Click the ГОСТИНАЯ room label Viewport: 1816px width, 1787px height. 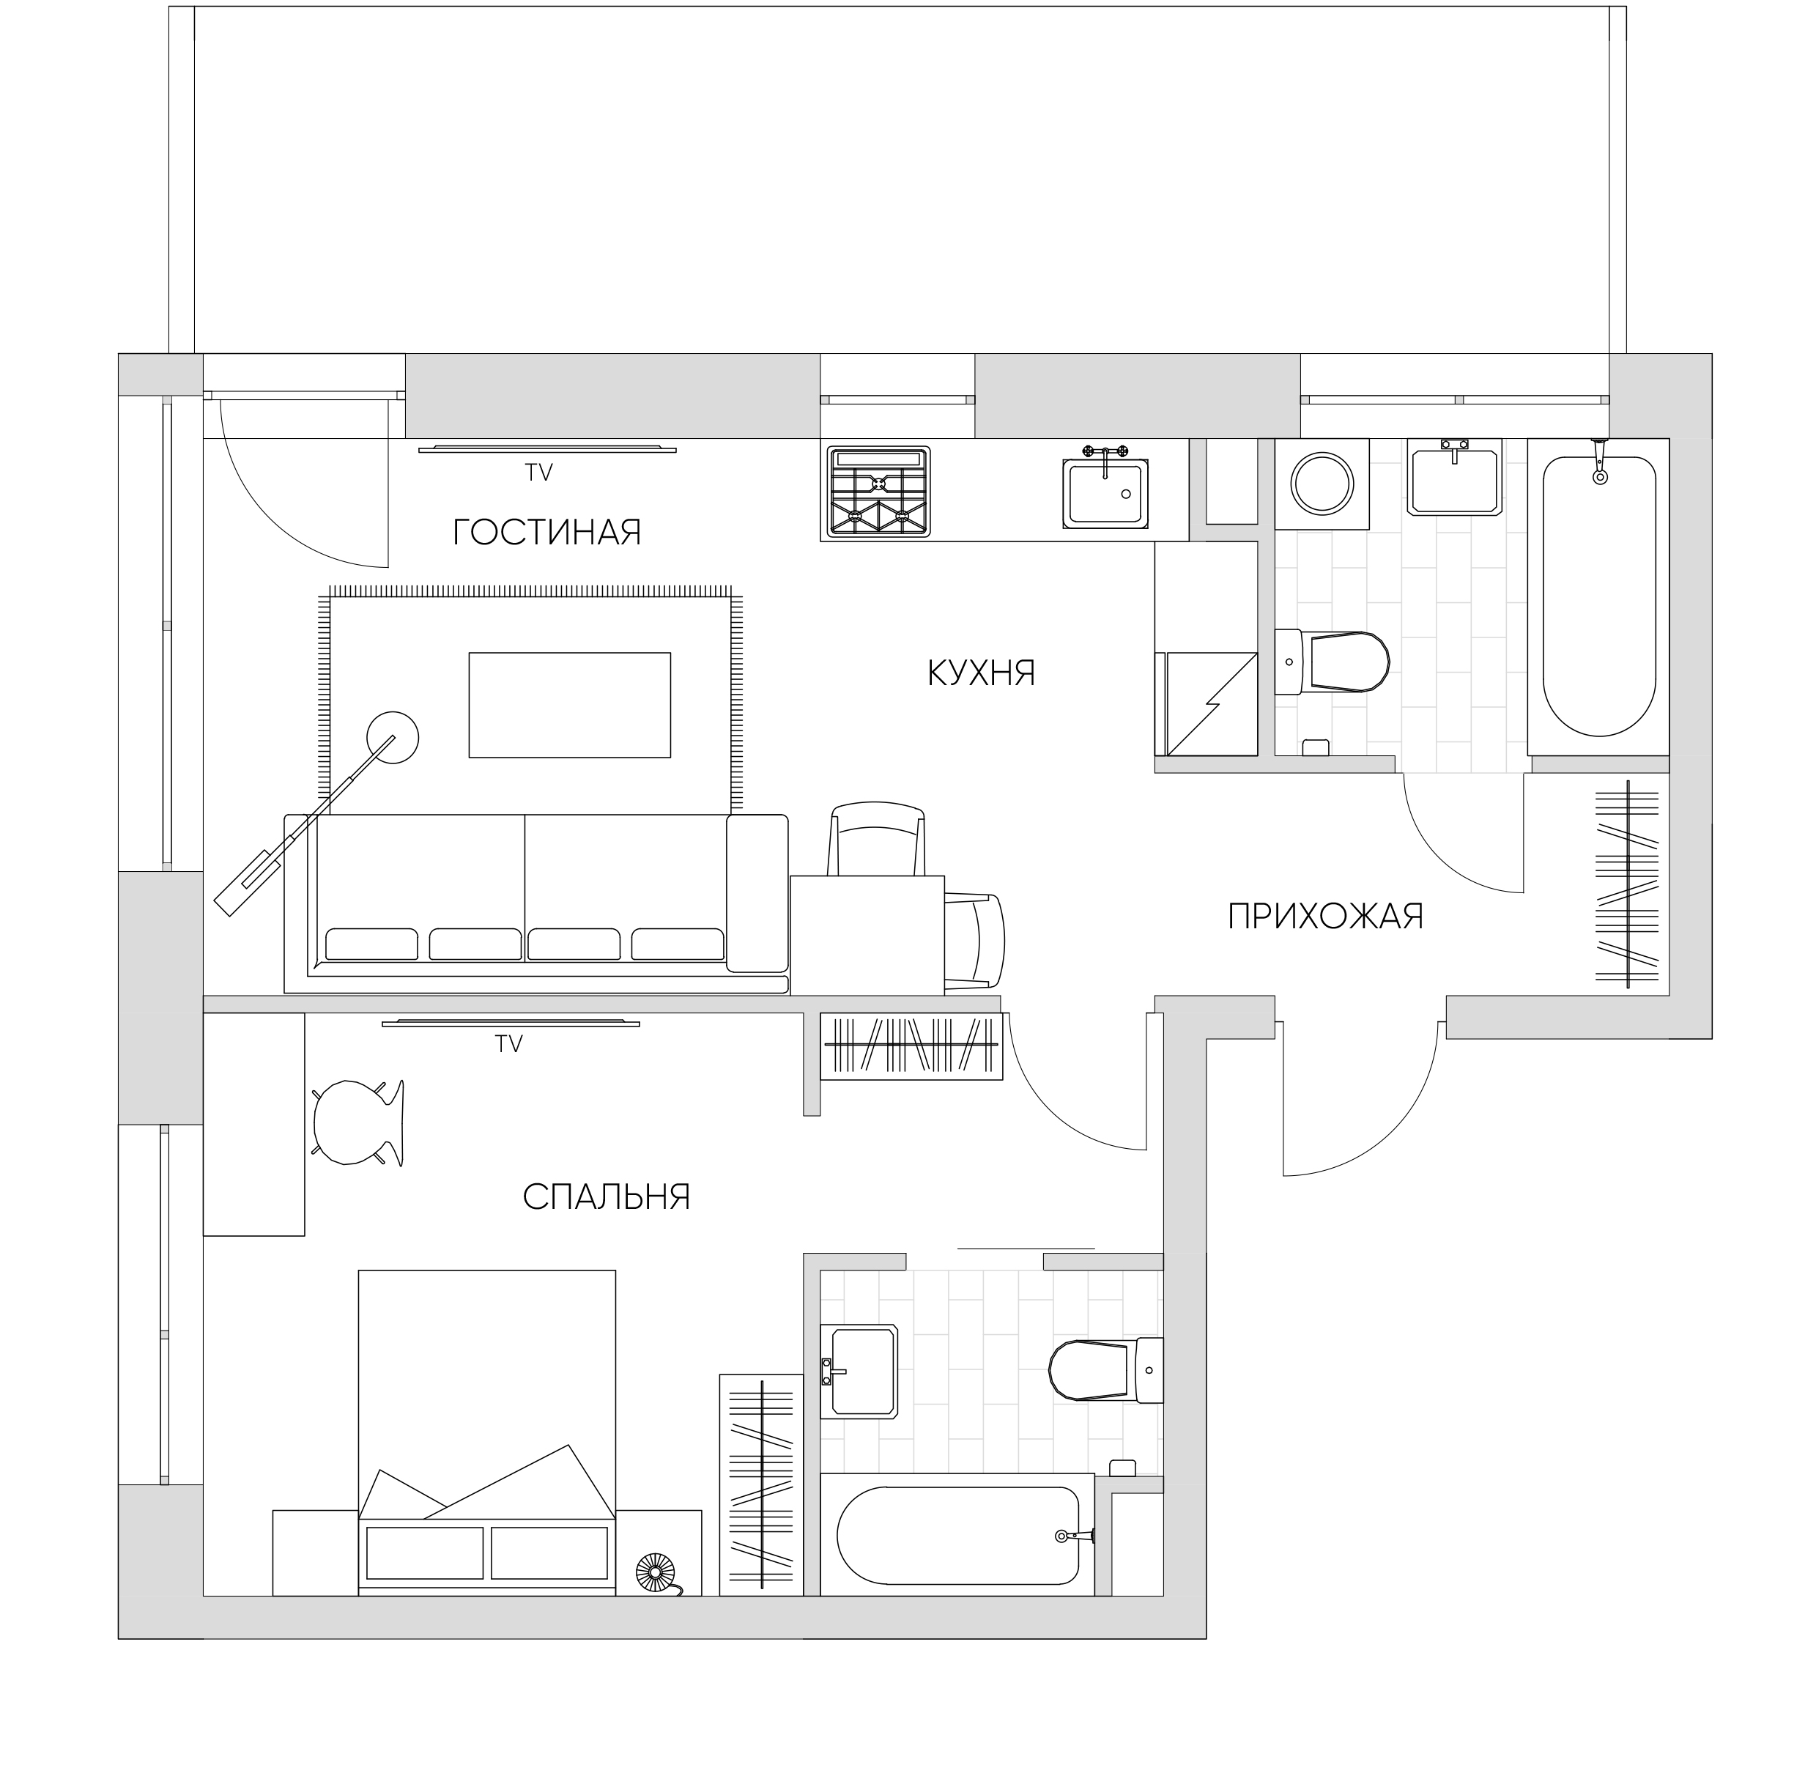coord(546,532)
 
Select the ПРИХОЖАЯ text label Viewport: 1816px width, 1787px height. coord(1325,916)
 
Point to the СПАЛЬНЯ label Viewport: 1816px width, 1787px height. coord(607,1196)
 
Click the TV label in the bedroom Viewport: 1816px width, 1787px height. coord(508,1043)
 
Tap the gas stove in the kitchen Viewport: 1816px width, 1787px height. coord(878,492)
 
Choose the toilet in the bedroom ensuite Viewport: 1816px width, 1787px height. coord(1105,1370)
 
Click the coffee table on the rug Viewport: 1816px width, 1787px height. coord(570,705)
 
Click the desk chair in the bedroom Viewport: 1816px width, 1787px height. coord(357,1122)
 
